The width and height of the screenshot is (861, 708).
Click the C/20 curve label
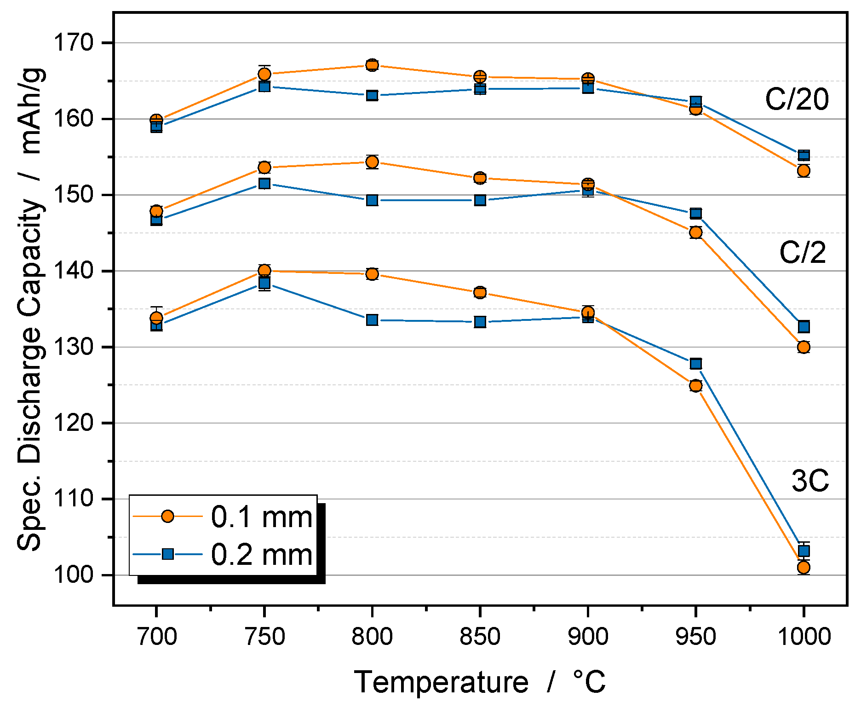(x=797, y=99)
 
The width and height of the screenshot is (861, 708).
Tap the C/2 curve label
(x=802, y=252)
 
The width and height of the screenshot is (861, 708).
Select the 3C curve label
(x=810, y=481)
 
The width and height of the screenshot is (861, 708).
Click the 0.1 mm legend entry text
(x=262, y=516)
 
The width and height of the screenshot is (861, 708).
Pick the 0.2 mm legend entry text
(x=262, y=554)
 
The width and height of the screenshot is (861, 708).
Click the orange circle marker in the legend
(x=168, y=516)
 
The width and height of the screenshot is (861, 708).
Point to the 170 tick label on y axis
(x=74, y=43)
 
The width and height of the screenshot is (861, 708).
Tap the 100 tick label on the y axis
(x=74, y=575)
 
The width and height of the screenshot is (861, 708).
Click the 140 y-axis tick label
(x=74, y=271)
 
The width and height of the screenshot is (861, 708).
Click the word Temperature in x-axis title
(x=441, y=682)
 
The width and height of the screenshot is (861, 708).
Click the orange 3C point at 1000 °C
(x=804, y=568)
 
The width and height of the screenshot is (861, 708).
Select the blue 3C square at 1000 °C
(x=804, y=551)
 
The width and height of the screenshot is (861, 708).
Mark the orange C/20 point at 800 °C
(x=372, y=65)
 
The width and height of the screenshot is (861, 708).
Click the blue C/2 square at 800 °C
(x=372, y=200)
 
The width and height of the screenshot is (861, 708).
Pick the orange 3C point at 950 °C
(x=695, y=386)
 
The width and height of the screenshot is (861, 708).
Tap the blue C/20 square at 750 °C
(x=264, y=87)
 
